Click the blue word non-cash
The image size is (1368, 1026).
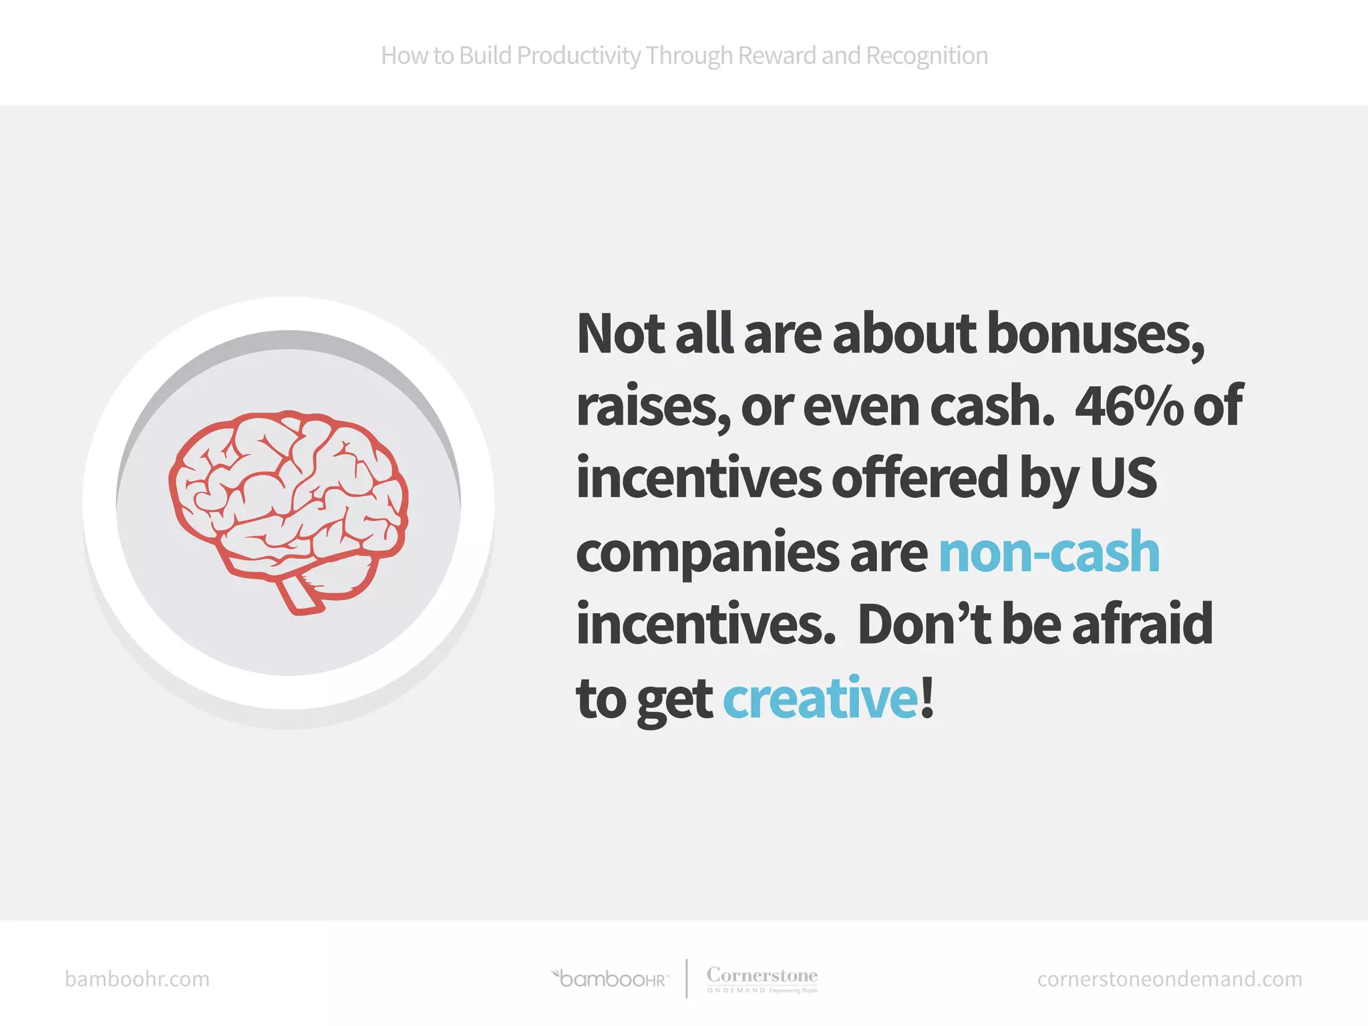pos(1049,552)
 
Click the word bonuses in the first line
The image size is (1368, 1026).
pos(1095,334)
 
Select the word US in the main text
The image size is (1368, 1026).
pos(1123,479)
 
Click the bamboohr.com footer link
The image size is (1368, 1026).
pos(137,979)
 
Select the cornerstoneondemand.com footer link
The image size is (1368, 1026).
pos(1169,979)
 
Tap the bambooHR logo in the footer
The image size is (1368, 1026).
pos(611,979)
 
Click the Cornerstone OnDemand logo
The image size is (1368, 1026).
pos(762,979)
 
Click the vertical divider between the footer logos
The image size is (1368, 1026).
pos(687,979)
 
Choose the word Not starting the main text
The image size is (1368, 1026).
pos(621,334)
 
